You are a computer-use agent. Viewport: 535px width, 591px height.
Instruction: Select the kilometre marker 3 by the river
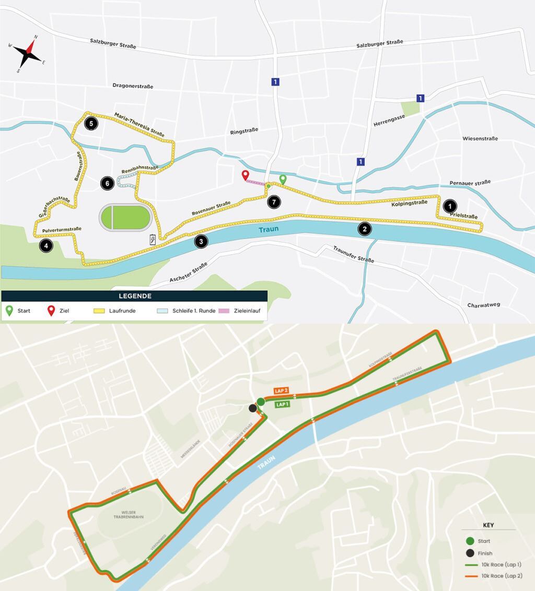(x=201, y=241)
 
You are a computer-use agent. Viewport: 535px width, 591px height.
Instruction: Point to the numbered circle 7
(x=273, y=202)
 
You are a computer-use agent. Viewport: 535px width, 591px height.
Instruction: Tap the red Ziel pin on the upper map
(x=245, y=175)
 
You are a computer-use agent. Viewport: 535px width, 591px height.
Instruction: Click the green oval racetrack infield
(x=125, y=217)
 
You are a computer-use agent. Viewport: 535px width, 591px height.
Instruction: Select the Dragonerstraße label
(x=133, y=86)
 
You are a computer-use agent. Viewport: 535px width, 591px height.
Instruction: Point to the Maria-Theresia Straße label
(x=139, y=124)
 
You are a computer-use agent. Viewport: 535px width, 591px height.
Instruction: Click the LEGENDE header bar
(x=134, y=296)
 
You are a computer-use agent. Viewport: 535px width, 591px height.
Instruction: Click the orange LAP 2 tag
(x=282, y=391)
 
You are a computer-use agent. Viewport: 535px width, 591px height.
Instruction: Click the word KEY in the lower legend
(x=485, y=525)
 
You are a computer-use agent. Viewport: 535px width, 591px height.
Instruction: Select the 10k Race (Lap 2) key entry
(x=501, y=576)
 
